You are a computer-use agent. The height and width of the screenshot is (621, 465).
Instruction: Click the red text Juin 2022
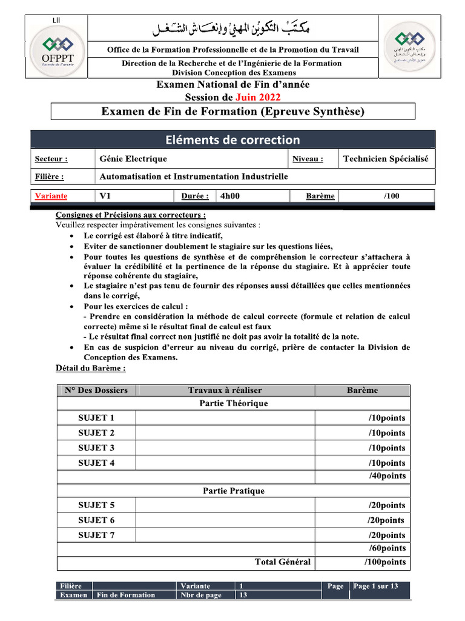(x=258, y=97)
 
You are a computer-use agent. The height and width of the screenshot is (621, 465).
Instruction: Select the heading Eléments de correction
(x=232, y=139)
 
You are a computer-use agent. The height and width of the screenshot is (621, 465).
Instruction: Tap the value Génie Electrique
(x=133, y=159)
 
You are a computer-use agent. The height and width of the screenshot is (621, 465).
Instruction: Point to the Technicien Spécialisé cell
(x=385, y=159)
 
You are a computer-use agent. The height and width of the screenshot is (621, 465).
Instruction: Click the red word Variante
(x=51, y=196)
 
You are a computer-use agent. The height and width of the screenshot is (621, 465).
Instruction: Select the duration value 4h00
(x=230, y=196)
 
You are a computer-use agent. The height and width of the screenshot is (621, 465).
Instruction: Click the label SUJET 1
(x=96, y=418)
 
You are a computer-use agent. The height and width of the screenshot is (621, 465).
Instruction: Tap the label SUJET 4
(x=96, y=463)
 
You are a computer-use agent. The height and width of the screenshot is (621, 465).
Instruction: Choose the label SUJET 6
(x=96, y=520)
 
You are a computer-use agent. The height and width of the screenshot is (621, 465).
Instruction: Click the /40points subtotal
(x=387, y=476)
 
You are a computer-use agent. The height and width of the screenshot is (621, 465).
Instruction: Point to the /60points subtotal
(x=387, y=548)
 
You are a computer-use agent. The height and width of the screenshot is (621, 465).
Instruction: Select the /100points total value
(x=385, y=562)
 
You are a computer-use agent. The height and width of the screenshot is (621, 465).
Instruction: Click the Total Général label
(x=283, y=562)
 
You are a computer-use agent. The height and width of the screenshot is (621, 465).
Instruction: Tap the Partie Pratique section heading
(x=234, y=491)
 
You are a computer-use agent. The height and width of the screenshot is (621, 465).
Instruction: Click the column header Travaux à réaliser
(x=225, y=390)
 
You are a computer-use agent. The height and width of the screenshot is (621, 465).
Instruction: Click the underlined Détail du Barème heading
(x=91, y=368)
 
